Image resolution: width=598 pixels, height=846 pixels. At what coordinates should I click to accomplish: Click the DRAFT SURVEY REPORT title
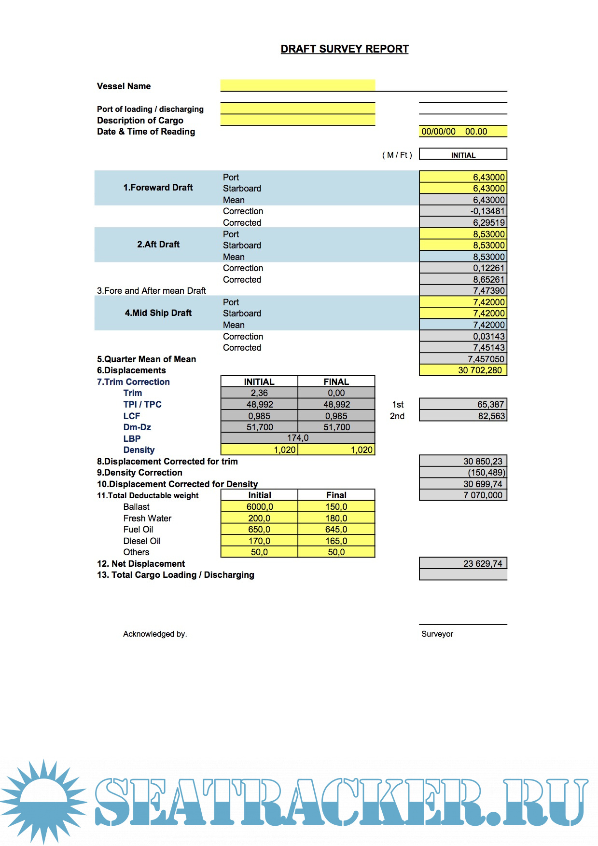(x=345, y=49)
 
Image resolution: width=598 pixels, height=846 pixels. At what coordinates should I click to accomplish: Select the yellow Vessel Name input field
(x=297, y=85)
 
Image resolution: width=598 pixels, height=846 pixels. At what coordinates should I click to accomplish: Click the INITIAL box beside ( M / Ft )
(x=463, y=154)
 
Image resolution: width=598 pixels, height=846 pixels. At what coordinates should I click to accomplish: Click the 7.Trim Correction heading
(x=133, y=382)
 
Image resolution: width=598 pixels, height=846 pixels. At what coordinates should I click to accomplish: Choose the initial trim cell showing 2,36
(x=259, y=393)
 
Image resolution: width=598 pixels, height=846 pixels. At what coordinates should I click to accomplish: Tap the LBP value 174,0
(x=297, y=438)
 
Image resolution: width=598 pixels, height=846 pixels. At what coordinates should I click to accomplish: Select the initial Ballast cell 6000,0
(x=259, y=507)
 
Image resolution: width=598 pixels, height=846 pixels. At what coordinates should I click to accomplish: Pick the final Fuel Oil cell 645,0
(x=336, y=530)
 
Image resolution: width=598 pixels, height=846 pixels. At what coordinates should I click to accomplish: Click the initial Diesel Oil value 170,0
(x=259, y=541)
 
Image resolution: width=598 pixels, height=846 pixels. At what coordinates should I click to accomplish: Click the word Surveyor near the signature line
(x=437, y=634)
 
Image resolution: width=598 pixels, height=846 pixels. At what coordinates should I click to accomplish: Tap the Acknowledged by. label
(x=154, y=634)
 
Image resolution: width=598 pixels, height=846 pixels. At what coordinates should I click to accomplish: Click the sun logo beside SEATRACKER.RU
(x=43, y=801)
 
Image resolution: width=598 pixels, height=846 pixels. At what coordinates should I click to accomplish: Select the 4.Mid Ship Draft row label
(x=158, y=313)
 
